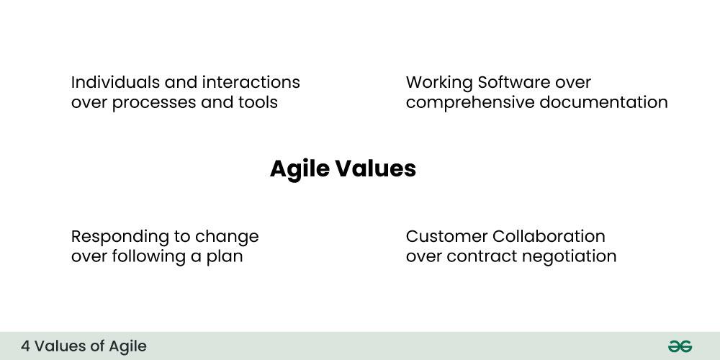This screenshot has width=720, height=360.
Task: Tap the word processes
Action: coord(151,102)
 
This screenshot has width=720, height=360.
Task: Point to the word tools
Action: coord(257,102)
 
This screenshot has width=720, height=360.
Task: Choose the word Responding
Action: coord(114,236)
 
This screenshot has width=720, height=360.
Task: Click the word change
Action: coord(227,236)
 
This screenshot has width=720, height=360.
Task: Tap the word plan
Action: coord(225,256)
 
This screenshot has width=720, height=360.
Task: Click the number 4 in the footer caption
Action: coord(25,346)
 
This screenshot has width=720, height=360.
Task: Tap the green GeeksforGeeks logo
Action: coord(680,346)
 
